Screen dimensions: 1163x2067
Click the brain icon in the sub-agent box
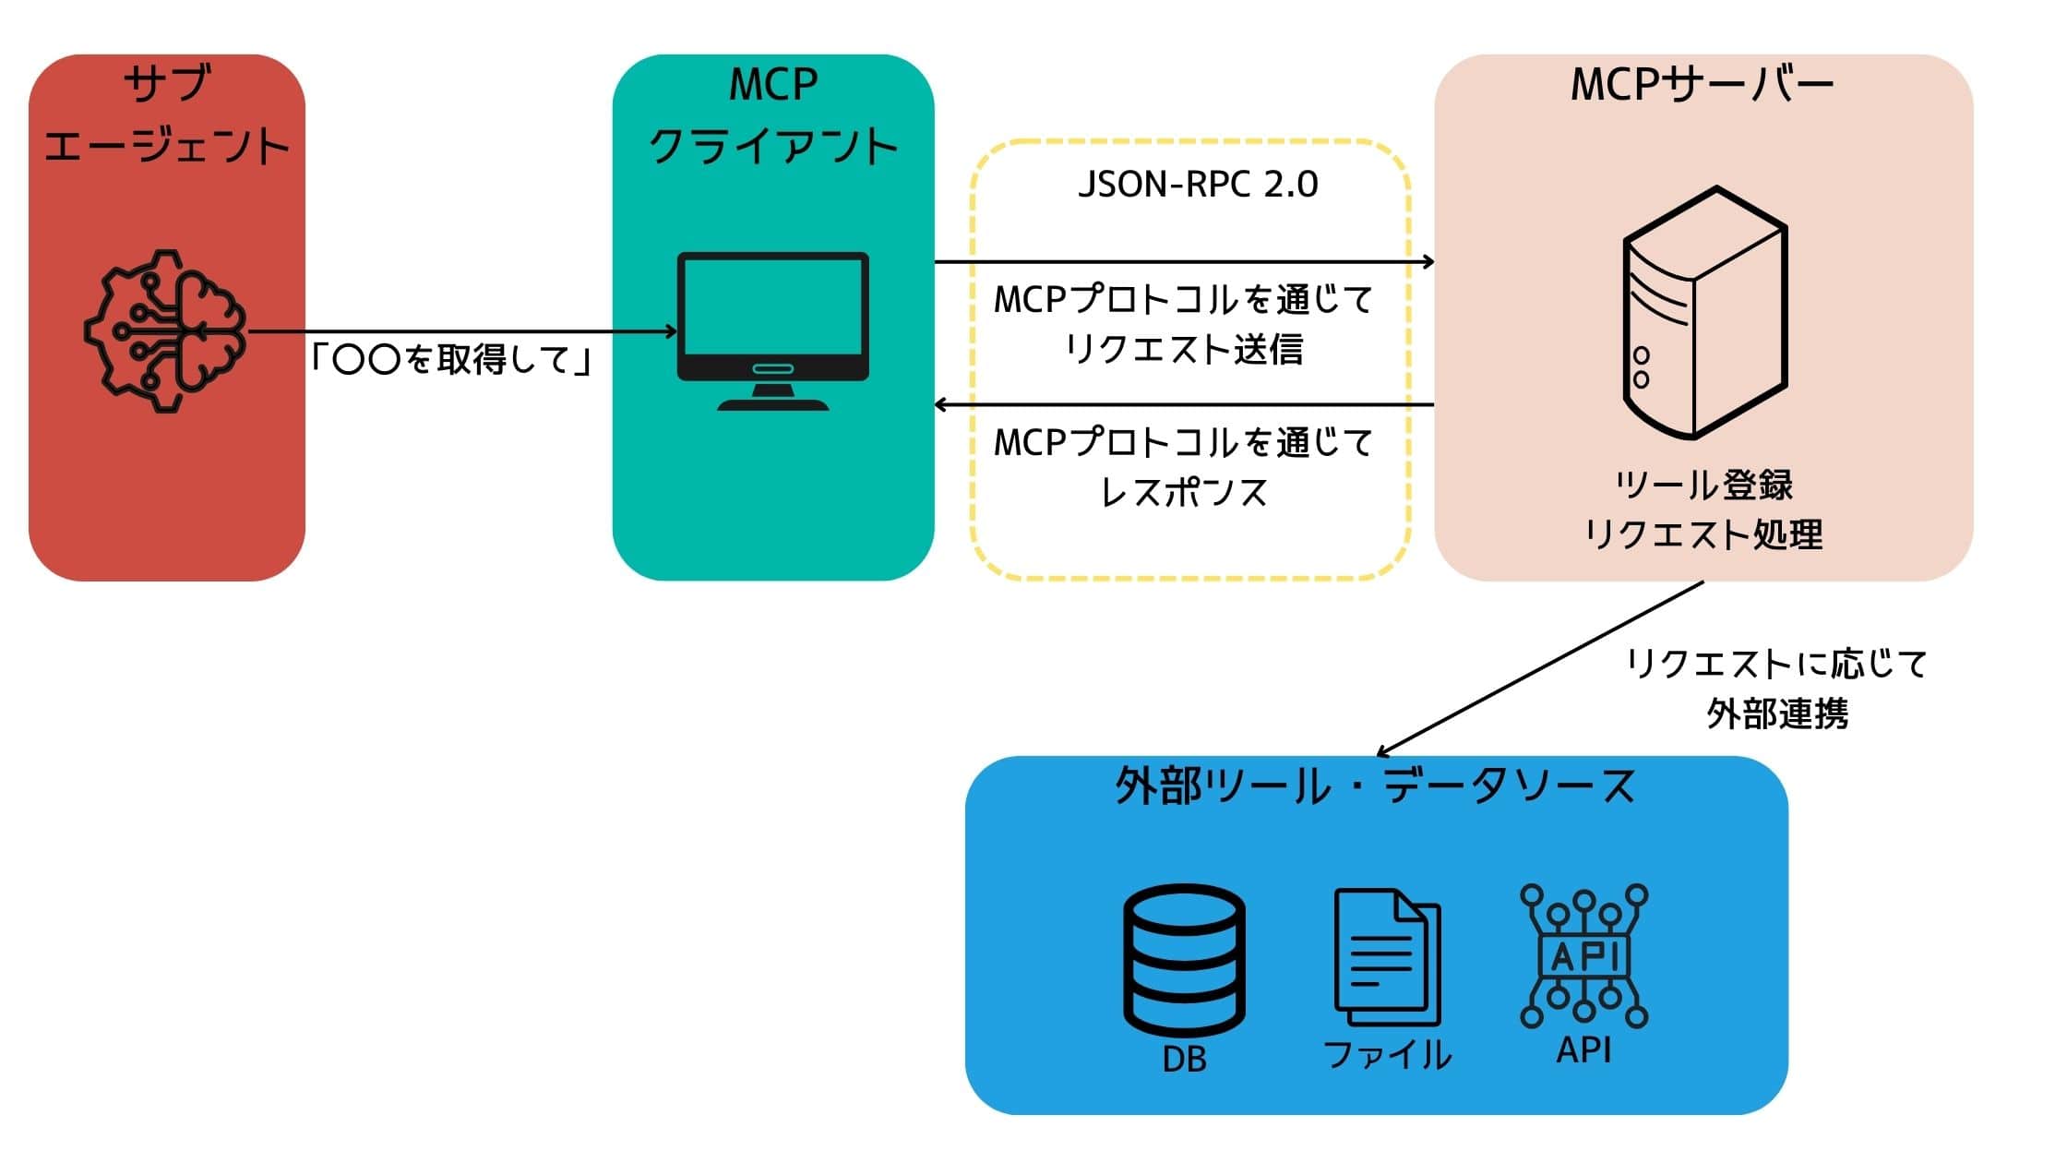pyautogui.click(x=165, y=330)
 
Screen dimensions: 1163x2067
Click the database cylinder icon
pyautogui.click(x=1184, y=960)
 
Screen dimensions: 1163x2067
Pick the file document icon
pyautogui.click(x=1387, y=957)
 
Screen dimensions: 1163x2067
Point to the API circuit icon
pyautogui.click(x=1584, y=955)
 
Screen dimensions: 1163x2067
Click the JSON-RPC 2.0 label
pyautogui.click(x=1198, y=185)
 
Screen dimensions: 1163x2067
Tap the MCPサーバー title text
pyautogui.click(x=1703, y=85)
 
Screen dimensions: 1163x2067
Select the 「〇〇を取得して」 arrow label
pyautogui.click(x=451, y=360)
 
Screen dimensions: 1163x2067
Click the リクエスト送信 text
pyautogui.click(x=1184, y=350)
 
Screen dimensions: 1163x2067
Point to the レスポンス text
pyautogui.click(x=1184, y=493)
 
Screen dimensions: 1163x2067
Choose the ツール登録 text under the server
pyautogui.click(x=1704, y=486)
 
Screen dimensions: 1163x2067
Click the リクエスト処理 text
pyautogui.click(x=1704, y=534)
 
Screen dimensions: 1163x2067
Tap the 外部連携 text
pyautogui.click(x=1777, y=713)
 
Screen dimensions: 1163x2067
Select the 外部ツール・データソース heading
pyautogui.click(x=1375, y=787)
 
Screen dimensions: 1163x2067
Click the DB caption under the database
pyautogui.click(x=1184, y=1059)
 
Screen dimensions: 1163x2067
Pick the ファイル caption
pyautogui.click(x=1387, y=1055)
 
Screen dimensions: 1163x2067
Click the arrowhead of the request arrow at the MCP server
pyautogui.click(x=1428, y=262)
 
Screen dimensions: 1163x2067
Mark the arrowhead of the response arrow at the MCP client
pyautogui.click(x=942, y=405)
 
